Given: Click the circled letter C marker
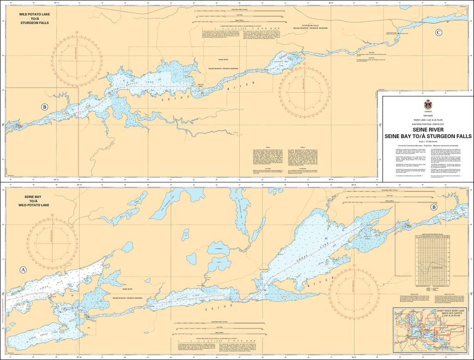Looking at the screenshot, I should tap(438, 32).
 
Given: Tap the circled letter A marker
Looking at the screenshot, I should tap(23, 270).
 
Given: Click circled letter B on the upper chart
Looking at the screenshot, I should tap(44, 107).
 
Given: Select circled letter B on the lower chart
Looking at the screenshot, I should tap(434, 207).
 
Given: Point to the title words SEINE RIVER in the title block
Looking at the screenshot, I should tap(427, 130).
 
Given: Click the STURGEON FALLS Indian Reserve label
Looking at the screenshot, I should tap(310, 26).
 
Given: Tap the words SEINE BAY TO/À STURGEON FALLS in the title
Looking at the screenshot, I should tap(427, 136).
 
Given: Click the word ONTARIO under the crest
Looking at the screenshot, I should tap(427, 115).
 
